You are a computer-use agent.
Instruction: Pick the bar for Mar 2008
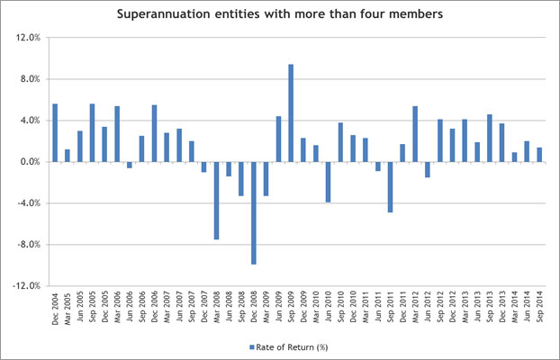point(216,200)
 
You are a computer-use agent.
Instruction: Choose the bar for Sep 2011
point(391,186)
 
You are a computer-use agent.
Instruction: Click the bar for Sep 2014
point(539,154)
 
